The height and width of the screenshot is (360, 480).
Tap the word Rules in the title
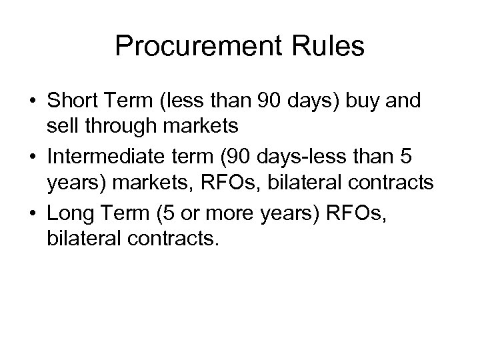[332, 47]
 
